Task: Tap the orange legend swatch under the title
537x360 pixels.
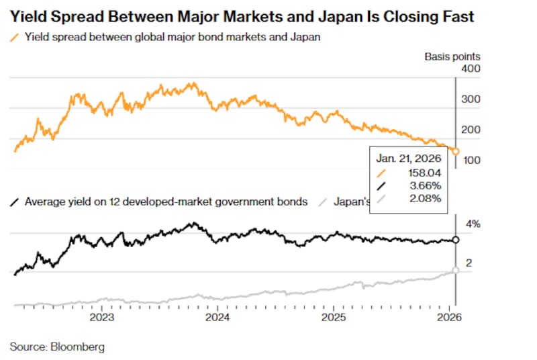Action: tap(15, 38)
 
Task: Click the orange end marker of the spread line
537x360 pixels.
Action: tap(456, 152)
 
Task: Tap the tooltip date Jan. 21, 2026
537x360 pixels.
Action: tap(407, 159)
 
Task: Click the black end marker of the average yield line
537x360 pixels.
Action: tap(456, 240)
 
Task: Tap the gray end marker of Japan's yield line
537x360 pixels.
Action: tap(456, 270)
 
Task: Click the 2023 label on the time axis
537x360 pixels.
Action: tap(102, 317)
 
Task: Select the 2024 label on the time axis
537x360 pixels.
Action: tap(217, 317)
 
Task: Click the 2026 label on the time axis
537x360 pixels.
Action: tap(449, 317)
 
